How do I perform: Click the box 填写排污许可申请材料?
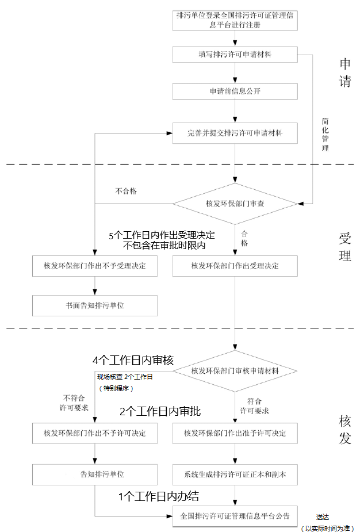[235, 55]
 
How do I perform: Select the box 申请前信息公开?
[235, 91]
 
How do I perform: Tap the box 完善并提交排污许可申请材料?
[235, 133]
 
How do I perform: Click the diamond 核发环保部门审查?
[235, 204]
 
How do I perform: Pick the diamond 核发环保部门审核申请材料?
[235, 371]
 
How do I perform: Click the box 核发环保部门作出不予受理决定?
[95, 266]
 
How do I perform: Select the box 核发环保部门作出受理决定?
[235, 266]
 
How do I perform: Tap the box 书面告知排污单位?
[95, 305]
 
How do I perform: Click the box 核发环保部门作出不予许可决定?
[95, 433]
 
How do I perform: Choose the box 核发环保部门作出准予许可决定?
[235, 433]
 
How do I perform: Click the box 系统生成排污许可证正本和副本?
[235, 474]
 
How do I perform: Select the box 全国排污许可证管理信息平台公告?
[235, 516]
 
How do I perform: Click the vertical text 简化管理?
[325, 135]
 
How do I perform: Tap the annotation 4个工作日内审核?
[133, 361]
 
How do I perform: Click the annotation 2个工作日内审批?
[160, 412]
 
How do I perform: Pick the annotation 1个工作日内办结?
[159, 496]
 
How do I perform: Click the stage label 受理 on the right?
[344, 247]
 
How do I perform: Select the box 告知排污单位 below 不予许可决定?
[95, 474]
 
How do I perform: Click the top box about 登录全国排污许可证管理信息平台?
[235, 21]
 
